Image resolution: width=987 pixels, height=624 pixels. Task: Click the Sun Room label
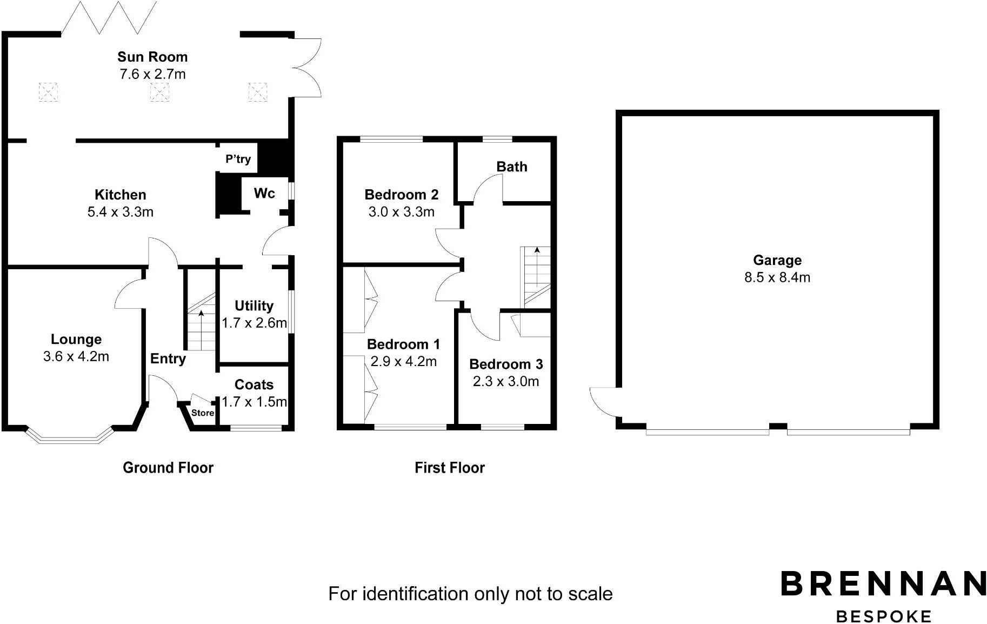click(152, 57)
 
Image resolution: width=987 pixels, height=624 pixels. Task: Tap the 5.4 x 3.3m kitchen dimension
click(120, 212)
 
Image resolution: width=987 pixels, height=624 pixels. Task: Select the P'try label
click(238, 159)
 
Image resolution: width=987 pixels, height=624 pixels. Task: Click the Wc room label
click(264, 194)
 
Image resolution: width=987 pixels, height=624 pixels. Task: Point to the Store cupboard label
click(203, 413)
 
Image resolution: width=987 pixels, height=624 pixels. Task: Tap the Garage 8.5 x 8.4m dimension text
click(777, 277)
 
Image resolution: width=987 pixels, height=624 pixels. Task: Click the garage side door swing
click(604, 402)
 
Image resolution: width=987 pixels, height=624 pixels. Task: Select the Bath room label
click(511, 167)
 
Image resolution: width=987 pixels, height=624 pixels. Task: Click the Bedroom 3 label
click(505, 364)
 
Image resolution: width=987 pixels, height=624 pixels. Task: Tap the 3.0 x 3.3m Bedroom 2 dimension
click(401, 212)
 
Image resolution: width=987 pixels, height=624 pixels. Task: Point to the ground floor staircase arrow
click(201, 314)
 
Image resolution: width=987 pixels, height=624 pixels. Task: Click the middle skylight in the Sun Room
click(159, 92)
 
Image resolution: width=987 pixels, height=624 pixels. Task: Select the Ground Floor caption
click(168, 468)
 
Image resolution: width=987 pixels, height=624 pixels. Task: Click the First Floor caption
click(449, 468)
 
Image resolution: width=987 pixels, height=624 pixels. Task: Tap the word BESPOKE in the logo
click(883, 616)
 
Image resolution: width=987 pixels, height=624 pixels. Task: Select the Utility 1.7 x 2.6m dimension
click(254, 323)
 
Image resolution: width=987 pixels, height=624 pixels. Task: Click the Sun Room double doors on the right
click(307, 68)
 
